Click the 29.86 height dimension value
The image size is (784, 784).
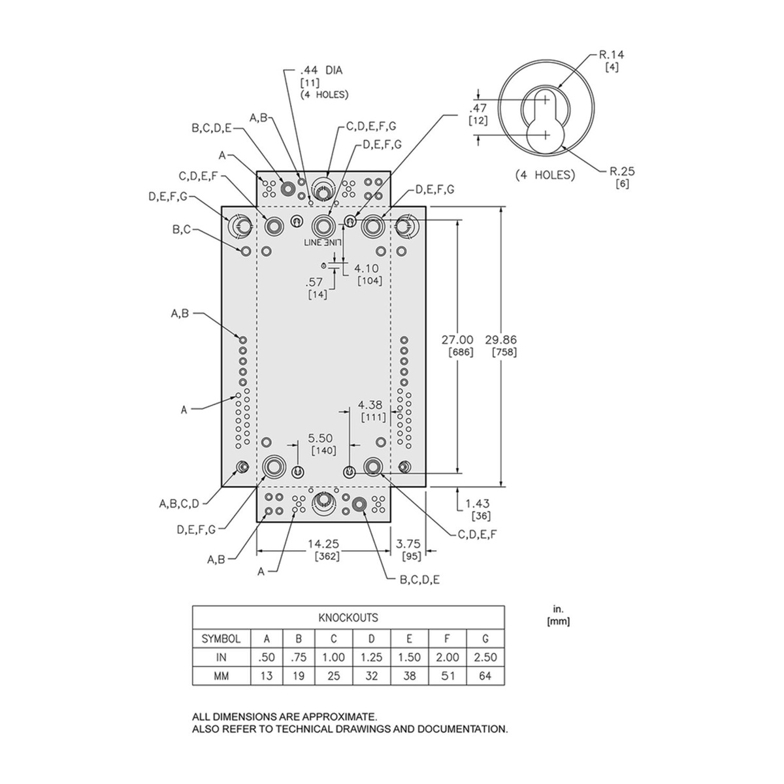(x=501, y=339)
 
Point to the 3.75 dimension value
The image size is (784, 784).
(x=408, y=543)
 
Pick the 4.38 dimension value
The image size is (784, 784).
(x=370, y=404)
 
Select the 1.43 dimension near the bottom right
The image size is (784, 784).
(x=477, y=504)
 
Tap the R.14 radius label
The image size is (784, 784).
(x=612, y=56)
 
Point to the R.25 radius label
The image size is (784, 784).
(x=622, y=171)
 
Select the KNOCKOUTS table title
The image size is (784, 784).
(x=348, y=617)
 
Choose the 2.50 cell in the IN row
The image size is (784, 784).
(x=485, y=657)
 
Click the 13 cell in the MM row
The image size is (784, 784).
(x=267, y=676)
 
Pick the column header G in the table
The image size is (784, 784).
(x=485, y=638)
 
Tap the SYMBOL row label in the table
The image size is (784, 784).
(x=221, y=638)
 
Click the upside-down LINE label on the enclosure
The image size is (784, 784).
(x=323, y=242)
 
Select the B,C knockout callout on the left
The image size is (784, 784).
(x=182, y=229)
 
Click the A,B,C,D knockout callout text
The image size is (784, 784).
(x=180, y=503)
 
